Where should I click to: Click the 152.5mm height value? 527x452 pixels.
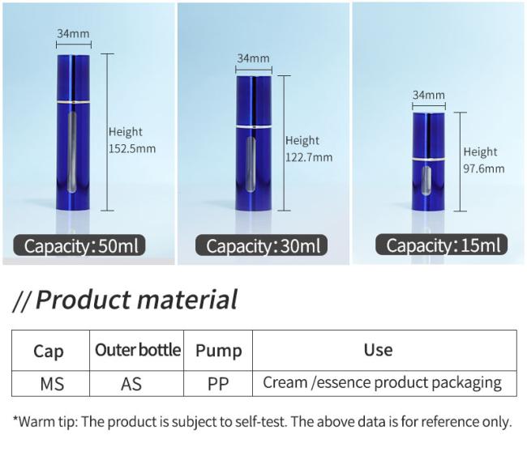point(132,148)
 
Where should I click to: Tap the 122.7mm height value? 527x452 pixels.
point(309,157)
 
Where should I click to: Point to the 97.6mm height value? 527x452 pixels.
point(484,168)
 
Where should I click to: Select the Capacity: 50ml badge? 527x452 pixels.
point(79,245)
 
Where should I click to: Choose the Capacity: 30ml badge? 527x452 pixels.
point(262,245)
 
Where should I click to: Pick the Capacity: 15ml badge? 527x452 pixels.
point(442,245)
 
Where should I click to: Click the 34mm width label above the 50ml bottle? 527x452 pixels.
point(73,33)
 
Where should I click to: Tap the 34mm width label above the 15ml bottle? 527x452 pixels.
point(429,95)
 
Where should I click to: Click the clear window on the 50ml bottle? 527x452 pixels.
point(72,152)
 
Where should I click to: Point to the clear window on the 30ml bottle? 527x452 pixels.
point(251,164)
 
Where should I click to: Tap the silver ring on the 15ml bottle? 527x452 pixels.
point(429,160)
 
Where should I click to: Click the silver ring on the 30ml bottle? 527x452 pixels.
point(254,127)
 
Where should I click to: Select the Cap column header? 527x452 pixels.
point(49,352)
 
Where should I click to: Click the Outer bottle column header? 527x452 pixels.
point(138,350)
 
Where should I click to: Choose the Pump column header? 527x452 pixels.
point(219,352)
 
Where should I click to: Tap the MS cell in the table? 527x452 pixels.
point(52,384)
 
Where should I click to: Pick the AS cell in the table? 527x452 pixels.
point(131,384)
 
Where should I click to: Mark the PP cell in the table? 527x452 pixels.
point(218,384)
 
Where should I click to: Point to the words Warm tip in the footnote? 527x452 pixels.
point(48,422)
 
